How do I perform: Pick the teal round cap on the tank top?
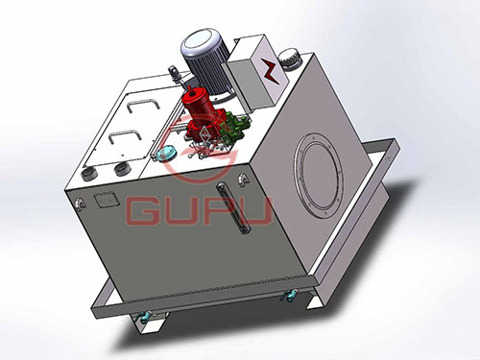(166, 153)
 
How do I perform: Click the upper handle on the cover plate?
(143, 106)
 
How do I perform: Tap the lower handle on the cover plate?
(125, 137)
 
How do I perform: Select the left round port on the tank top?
(89, 174)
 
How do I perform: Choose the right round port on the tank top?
(122, 168)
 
